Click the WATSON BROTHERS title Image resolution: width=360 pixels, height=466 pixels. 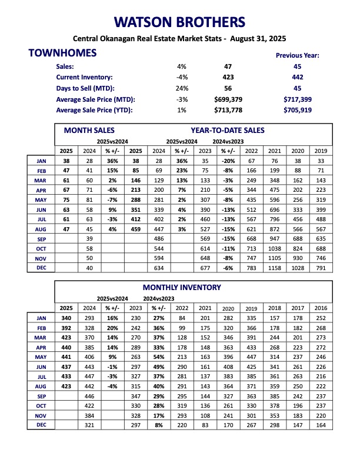coord(179,22)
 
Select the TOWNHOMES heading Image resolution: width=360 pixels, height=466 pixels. coord(62,54)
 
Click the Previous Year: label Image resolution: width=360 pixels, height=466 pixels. coord(297,55)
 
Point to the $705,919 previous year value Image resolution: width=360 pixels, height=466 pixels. coord(297,110)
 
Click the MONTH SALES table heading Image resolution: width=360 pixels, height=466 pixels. coord(89,130)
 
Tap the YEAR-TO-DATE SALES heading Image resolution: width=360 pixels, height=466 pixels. coord(227,130)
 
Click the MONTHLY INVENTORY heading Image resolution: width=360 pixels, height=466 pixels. coord(182,287)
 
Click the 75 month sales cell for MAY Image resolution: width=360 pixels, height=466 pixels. coord(66,200)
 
